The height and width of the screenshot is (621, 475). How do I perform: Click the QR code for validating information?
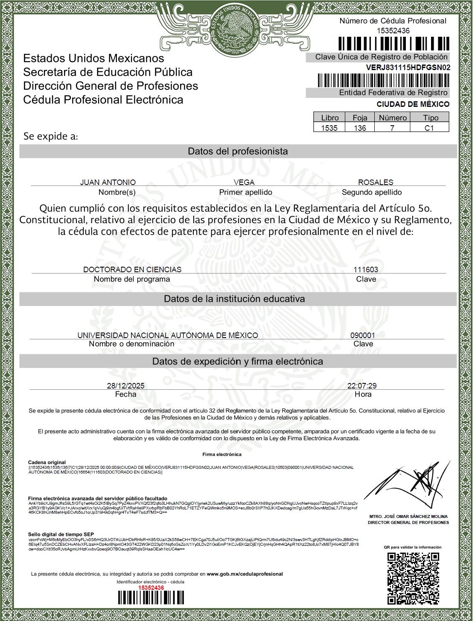[x=413, y=578]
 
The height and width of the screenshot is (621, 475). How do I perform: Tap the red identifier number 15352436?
[x=151, y=588]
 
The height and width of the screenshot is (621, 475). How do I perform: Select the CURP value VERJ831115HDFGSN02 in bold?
[x=408, y=68]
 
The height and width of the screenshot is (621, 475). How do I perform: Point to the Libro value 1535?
[x=329, y=128]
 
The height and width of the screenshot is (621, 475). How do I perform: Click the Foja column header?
[x=360, y=118]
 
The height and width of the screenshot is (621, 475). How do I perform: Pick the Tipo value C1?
[x=429, y=128]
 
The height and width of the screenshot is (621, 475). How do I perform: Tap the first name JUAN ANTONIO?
[x=108, y=182]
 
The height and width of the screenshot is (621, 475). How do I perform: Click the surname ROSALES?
[x=376, y=182]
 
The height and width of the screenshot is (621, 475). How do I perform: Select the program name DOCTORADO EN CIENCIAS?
[x=132, y=270]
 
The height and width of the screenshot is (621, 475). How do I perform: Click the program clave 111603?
[x=366, y=270]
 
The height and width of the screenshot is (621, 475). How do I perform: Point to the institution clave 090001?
[x=363, y=336]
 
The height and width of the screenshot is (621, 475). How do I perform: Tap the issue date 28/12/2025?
[x=125, y=386]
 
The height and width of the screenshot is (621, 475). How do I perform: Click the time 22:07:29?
[x=362, y=386]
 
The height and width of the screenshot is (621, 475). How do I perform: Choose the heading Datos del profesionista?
[x=238, y=151]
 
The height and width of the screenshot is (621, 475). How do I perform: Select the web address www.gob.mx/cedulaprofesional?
[x=245, y=574]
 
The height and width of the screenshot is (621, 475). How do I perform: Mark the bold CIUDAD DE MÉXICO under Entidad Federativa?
[x=413, y=104]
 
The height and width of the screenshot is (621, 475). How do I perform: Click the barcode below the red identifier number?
[x=151, y=597]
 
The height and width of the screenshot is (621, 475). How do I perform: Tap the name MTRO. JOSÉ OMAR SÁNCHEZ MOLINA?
[x=408, y=517]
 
